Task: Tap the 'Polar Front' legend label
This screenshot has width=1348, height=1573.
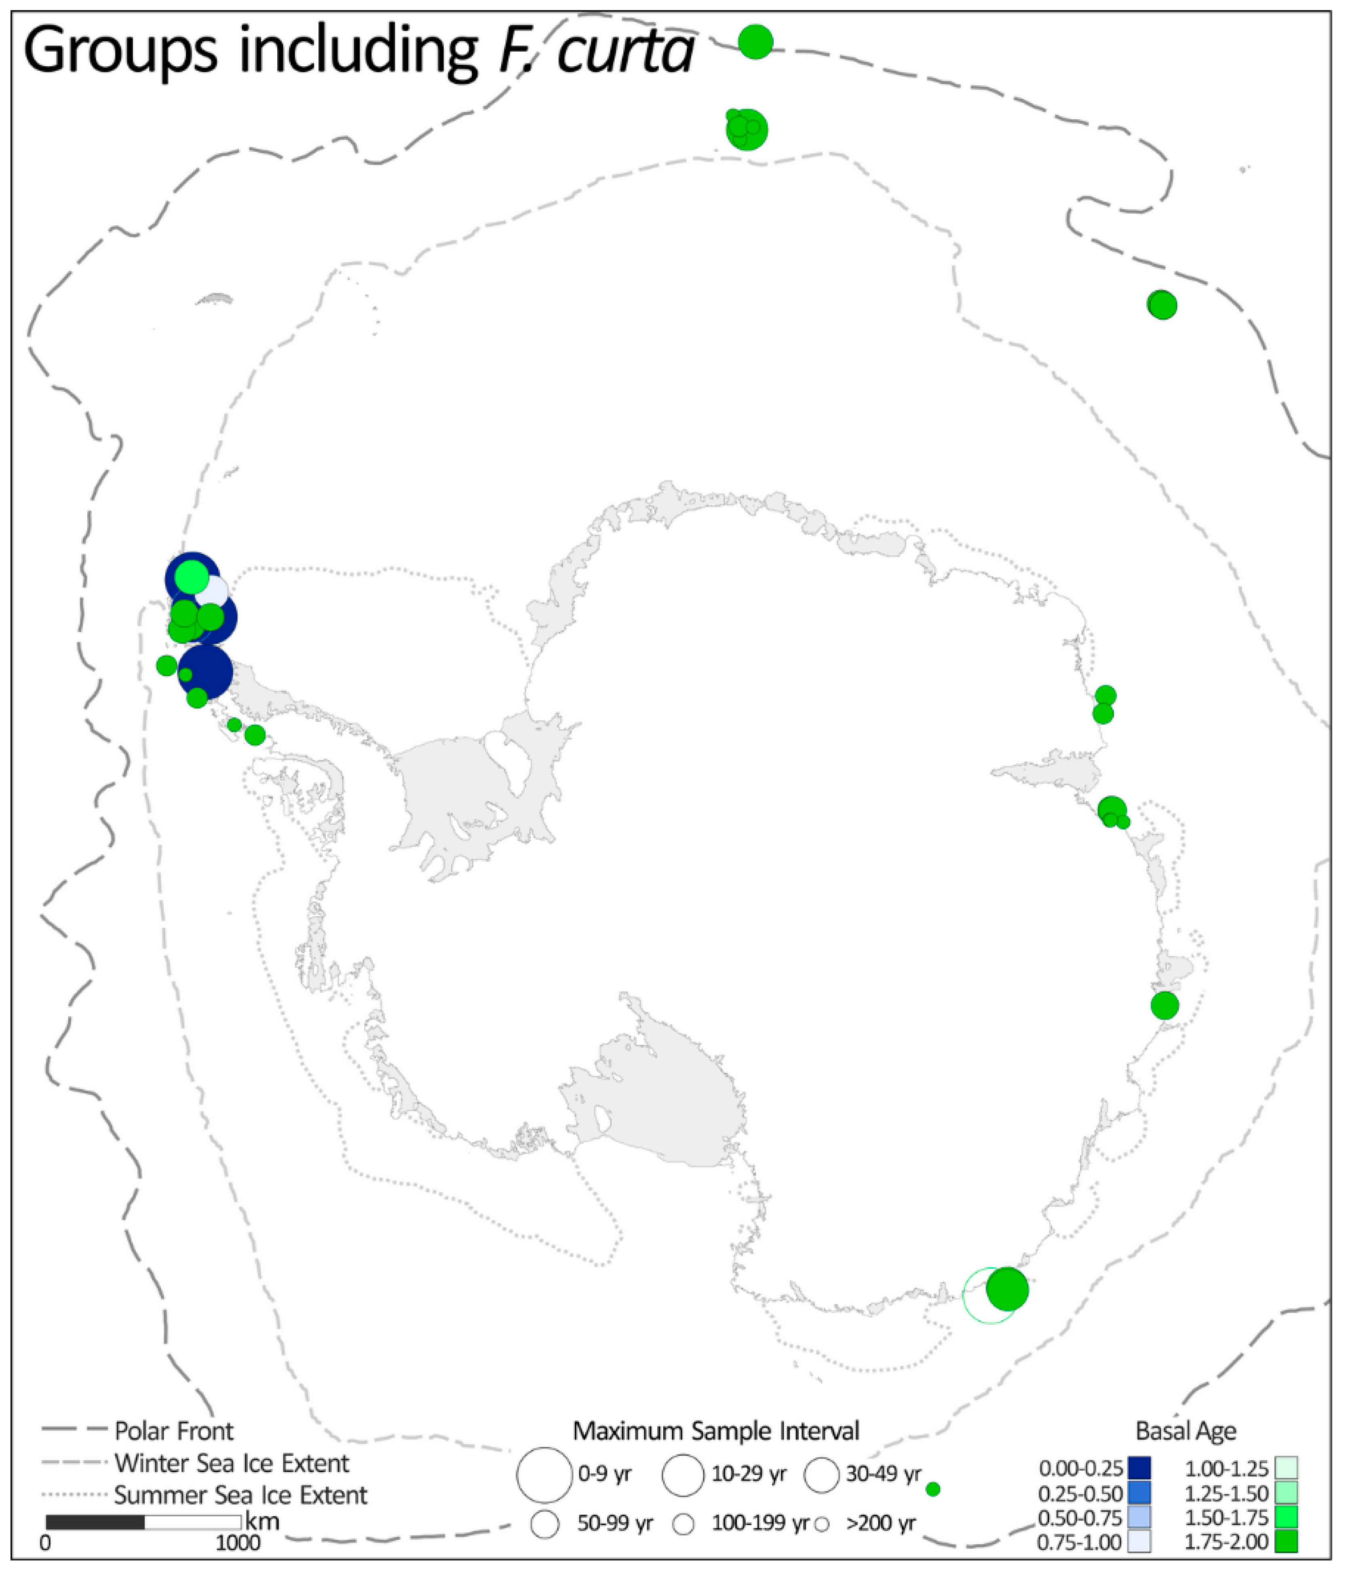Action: [174, 1431]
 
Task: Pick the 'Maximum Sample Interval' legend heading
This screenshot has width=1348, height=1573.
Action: [716, 1431]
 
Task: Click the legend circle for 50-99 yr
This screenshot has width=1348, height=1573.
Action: [545, 1524]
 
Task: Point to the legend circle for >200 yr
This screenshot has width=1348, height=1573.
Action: [821, 1524]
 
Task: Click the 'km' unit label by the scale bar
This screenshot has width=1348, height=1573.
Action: [262, 1521]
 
